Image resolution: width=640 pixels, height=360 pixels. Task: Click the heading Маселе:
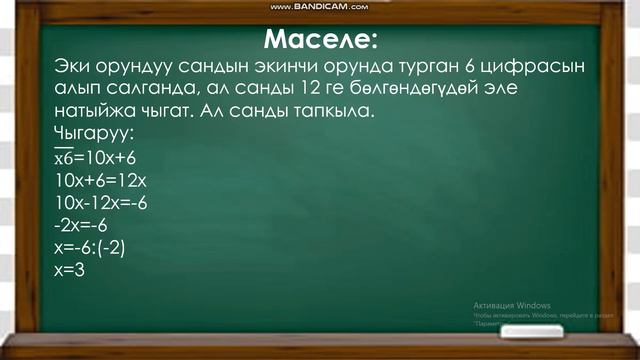coord(321,41)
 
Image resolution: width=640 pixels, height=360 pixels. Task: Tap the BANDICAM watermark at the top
coord(319,7)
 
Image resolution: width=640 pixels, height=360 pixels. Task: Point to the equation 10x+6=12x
coord(102,181)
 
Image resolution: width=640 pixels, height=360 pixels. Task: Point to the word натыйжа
coord(98,111)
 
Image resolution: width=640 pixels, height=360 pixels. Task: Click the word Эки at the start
coord(74,67)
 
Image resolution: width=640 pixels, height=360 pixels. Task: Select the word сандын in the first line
coord(234,67)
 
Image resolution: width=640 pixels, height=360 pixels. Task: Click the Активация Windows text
coord(512,305)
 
